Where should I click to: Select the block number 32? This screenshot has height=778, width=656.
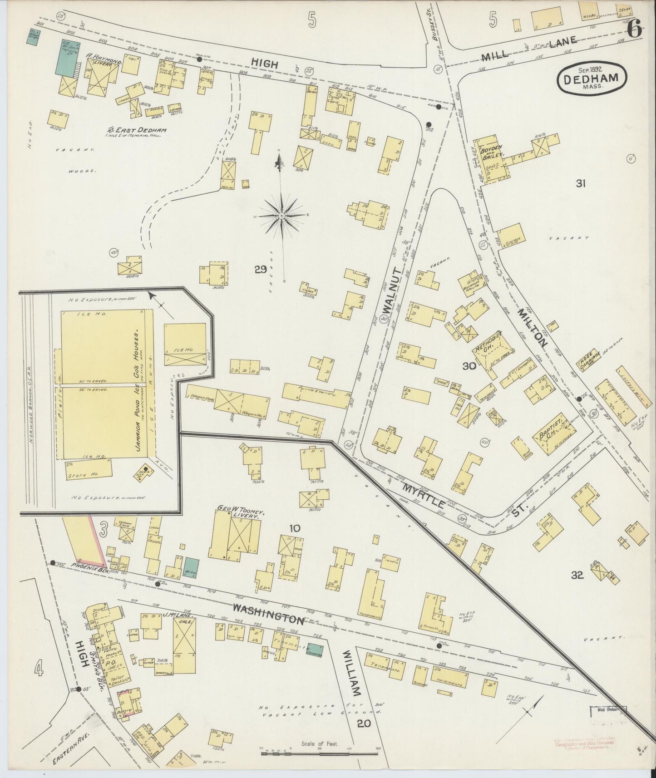(577, 575)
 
